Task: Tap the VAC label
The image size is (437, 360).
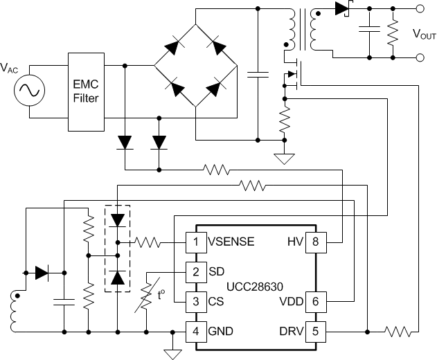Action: (x=10, y=68)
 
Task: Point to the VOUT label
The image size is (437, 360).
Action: (x=424, y=33)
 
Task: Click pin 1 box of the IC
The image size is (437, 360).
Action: (x=195, y=242)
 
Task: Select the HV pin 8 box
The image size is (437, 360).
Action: (x=314, y=242)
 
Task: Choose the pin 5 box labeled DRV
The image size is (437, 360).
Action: (x=314, y=332)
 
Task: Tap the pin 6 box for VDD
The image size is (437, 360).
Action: (x=314, y=302)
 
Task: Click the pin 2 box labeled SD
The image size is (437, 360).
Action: (x=195, y=272)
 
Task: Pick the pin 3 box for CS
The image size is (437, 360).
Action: (x=195, y=302)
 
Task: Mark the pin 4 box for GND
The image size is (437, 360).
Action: (x=195, y=332)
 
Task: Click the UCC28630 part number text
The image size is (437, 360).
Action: (x=254, y=287)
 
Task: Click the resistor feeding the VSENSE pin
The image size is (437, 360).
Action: (x=148, y=242)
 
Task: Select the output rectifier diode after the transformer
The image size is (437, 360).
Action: (x=341, y=9)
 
